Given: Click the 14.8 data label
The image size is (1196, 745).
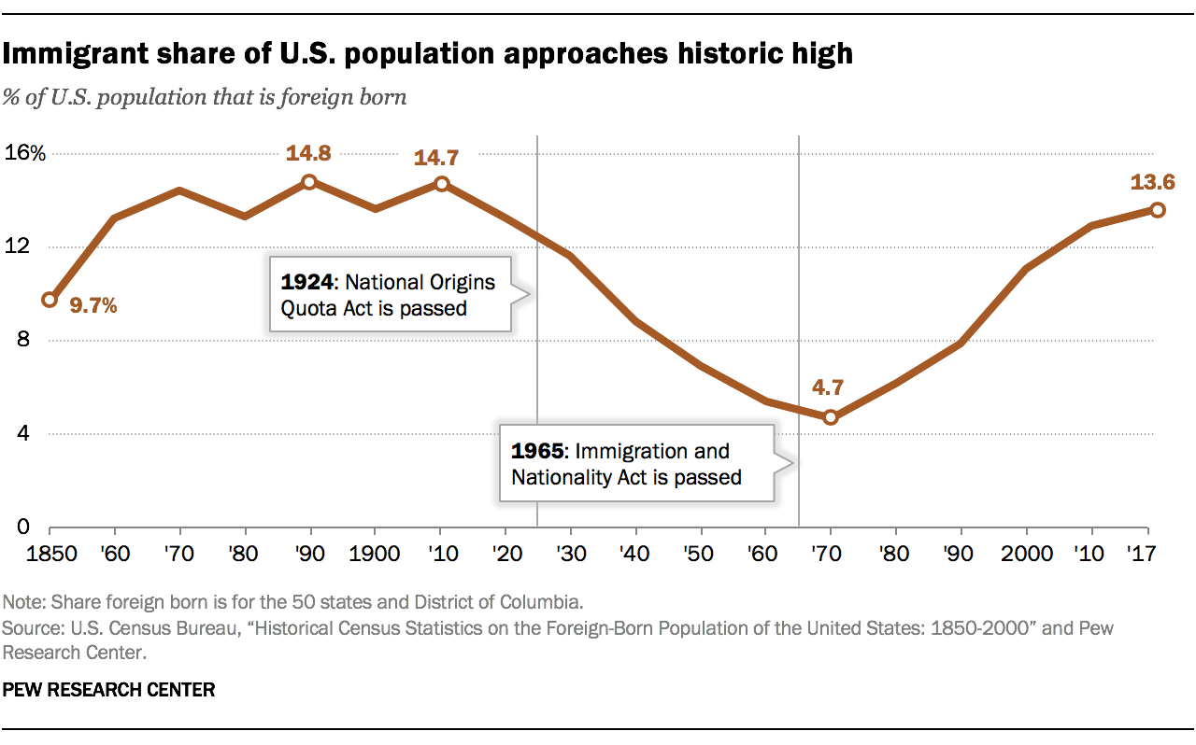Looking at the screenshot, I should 309,152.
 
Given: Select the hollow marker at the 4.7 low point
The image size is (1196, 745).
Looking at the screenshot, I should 831,417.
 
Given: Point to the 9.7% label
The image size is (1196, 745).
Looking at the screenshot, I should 93,305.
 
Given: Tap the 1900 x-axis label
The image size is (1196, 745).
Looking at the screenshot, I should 375,554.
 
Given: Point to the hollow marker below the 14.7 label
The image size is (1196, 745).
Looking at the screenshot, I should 441,184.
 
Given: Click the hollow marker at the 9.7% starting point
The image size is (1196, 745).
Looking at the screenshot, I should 50,300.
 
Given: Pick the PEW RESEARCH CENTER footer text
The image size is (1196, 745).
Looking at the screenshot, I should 109,691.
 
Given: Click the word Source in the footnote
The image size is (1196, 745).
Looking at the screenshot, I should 27,628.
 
